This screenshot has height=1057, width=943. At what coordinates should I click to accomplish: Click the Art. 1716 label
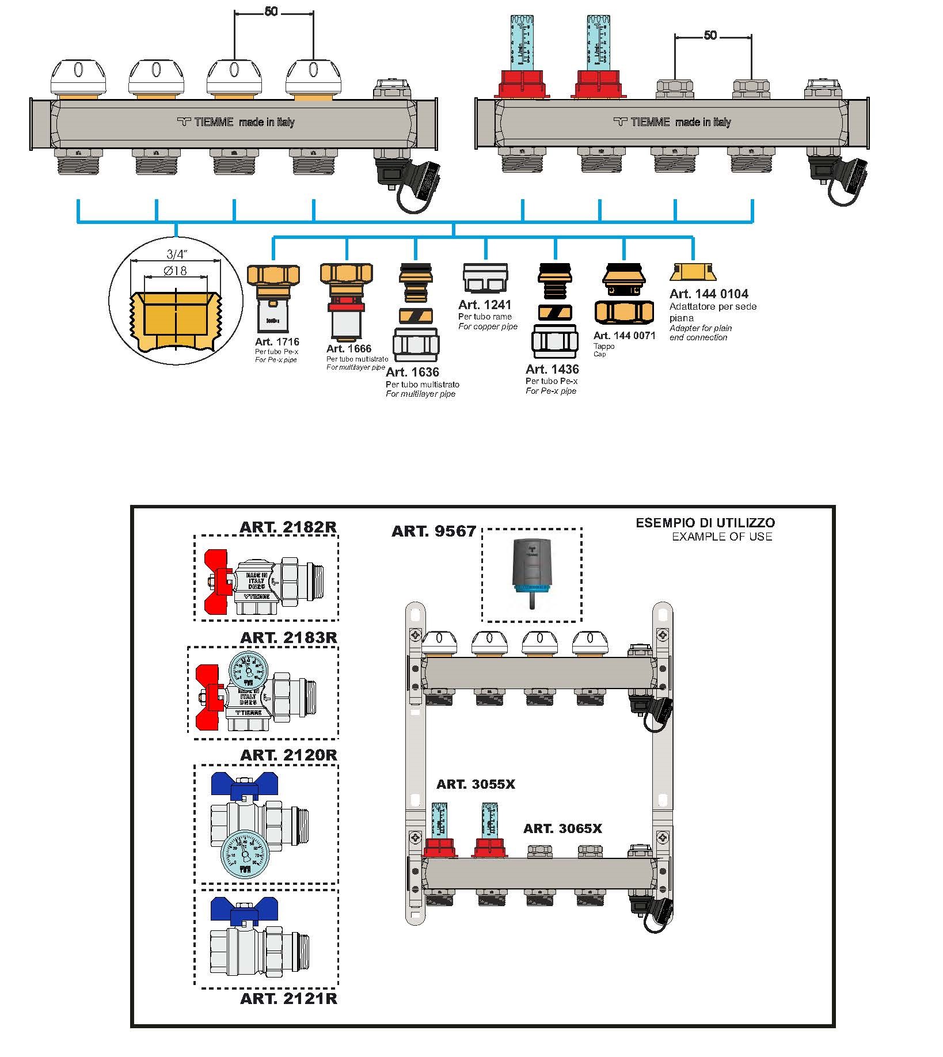point(277,342)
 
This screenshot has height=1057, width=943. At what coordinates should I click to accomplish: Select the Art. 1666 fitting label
point(349,348)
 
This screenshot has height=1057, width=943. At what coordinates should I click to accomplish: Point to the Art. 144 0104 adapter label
point(709,294)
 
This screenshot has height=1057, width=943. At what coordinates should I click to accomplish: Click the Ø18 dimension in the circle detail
point(175,270)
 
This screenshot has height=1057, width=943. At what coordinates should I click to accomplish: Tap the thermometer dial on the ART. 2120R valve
point(241,854)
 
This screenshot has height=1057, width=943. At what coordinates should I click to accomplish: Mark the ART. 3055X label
point(476,784)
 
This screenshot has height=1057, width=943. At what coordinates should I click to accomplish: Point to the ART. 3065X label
point(562,828)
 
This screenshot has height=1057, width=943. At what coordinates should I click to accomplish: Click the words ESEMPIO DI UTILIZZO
point(705,523)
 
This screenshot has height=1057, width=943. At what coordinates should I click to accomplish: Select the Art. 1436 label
point(552,369)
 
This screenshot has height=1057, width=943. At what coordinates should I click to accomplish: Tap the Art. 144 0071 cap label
point(624,336)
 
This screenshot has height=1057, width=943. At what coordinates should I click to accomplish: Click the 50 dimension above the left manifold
point(271,12)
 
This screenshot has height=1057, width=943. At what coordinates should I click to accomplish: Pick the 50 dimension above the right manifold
point(710,36)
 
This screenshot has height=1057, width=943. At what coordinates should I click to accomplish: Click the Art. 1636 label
point(412,372)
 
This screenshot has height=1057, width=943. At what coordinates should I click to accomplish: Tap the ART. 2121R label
point(288,998)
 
